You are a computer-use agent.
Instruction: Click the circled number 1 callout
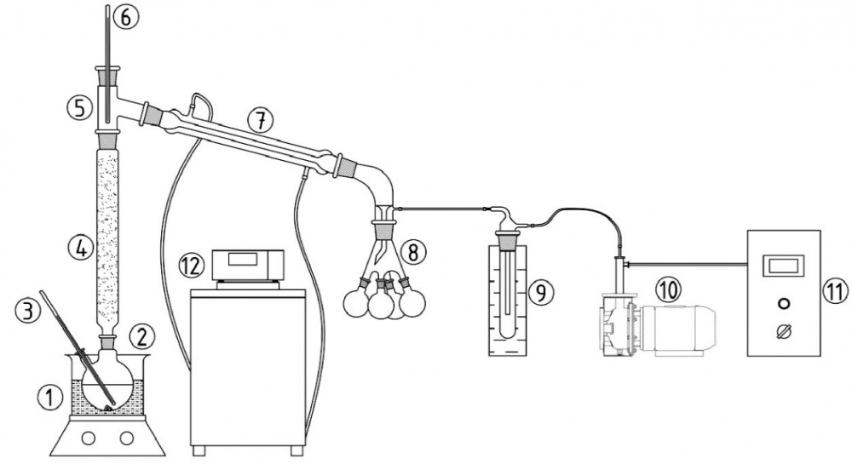tap(49, 399)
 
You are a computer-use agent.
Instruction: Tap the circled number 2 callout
tap(141, 337)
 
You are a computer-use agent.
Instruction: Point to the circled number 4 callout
tap(81, 249)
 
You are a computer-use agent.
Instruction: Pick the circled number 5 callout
tap(80, 108)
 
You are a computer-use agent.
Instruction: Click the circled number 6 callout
tap(126, 17)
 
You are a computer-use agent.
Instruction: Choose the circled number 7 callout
tap(261, 121)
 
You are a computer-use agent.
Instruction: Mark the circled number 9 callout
tap(541, 293)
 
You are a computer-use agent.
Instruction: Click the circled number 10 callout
tap(668, 289)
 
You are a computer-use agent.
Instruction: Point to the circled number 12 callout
tap(192, 266)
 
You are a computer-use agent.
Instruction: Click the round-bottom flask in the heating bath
tap(109, 381)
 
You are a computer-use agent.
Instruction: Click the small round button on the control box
tap(784, 303)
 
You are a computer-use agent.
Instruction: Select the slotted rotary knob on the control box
tap(784, 331)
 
